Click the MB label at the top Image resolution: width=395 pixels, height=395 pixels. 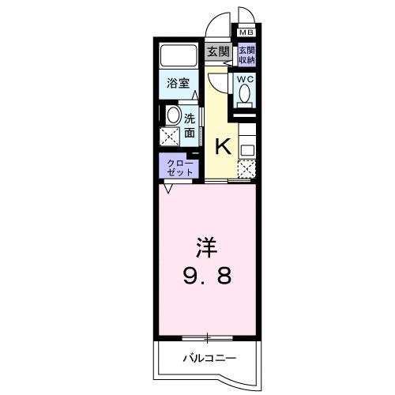246,32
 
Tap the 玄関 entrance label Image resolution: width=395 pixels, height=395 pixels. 218,52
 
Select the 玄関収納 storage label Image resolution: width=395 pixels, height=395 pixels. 246,54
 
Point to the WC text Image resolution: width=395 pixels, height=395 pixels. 244,78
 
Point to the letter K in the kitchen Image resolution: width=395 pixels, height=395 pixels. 223,146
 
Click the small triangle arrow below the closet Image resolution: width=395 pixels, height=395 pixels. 168,189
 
